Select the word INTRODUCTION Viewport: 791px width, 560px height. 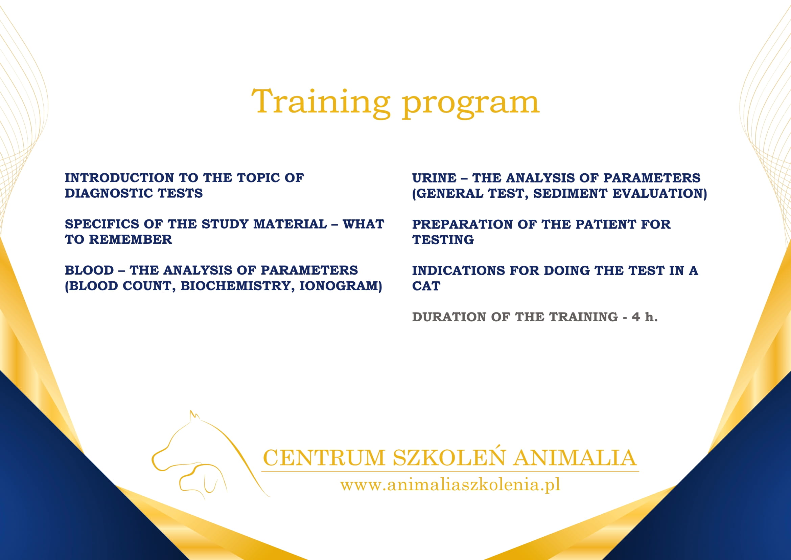tap(119, 178)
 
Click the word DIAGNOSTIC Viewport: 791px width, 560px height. tap(109, 193)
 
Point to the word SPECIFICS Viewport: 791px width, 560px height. tap(102, 224)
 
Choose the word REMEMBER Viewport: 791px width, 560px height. tap(131, 240)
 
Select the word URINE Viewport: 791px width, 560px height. tap(434, 178)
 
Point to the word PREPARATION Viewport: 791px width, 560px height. tap(462, 224)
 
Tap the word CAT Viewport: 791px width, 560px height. tap(426, 286)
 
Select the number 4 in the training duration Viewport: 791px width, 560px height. tap(636, 317)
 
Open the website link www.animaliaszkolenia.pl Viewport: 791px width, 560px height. tap(450, 484)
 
